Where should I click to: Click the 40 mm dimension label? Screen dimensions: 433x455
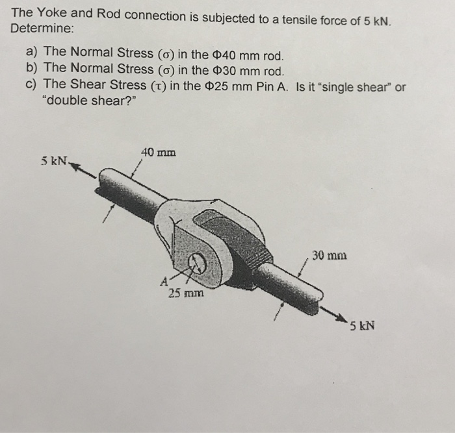tap(158, 153)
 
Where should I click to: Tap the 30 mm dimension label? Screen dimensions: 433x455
tap(329, 255)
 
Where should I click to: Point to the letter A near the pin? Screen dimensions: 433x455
tap(164, 281)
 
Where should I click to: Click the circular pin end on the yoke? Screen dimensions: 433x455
tap(197, 263)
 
